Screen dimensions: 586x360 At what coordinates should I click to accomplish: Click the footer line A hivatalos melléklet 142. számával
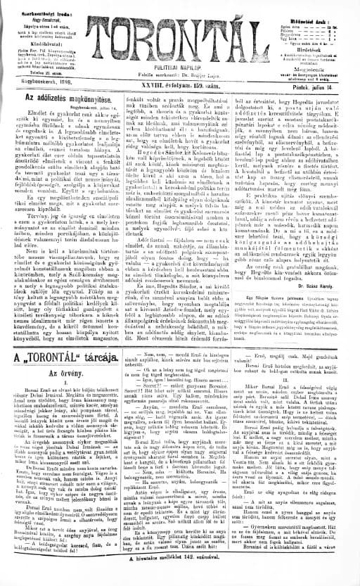[x=179, y=575]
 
